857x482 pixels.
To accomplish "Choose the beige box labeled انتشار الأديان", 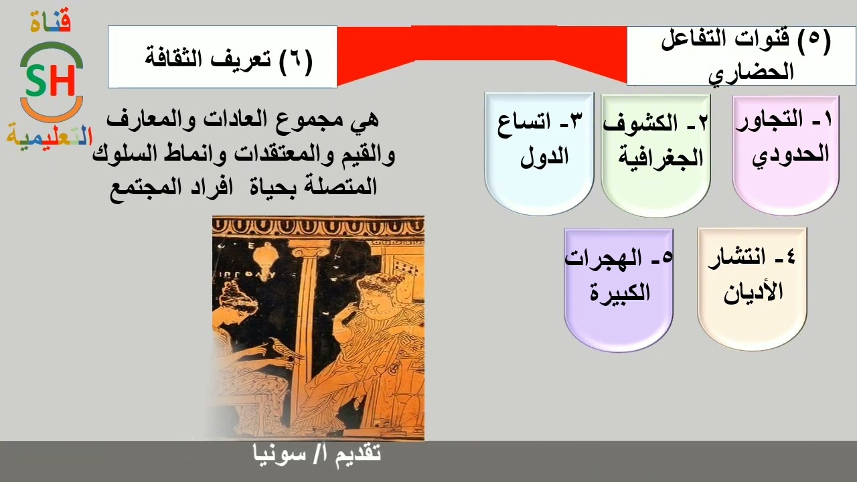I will [x=752, y=288].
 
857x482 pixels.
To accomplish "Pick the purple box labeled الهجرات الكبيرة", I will [x=618, y=289].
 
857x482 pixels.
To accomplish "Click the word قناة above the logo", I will [x=51, y=21].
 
